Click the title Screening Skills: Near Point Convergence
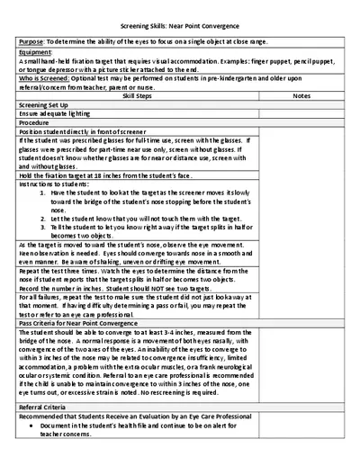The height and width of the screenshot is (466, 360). (x=179, y=27)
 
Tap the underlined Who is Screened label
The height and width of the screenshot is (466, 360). (x=40, y=79)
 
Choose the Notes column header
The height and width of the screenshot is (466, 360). (x=301, y=95)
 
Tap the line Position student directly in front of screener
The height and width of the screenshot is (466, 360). (x=80, y=132)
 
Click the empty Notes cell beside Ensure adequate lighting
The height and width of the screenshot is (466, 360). (x=301, y=114)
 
